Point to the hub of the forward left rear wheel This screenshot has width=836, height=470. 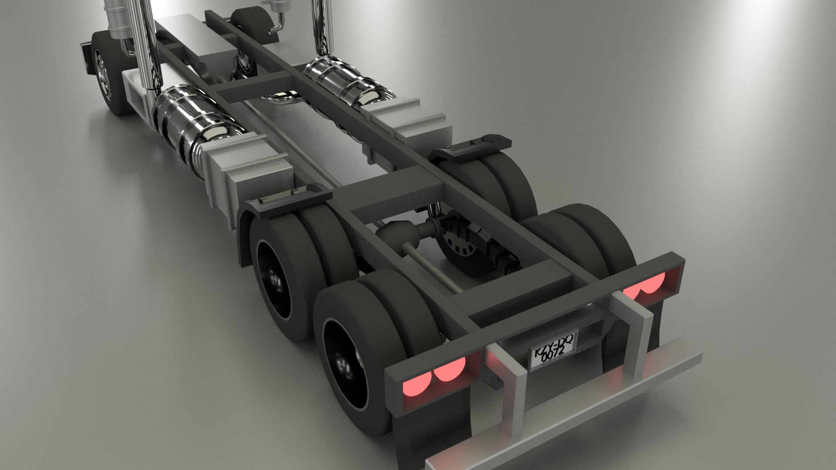click(274, 279)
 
